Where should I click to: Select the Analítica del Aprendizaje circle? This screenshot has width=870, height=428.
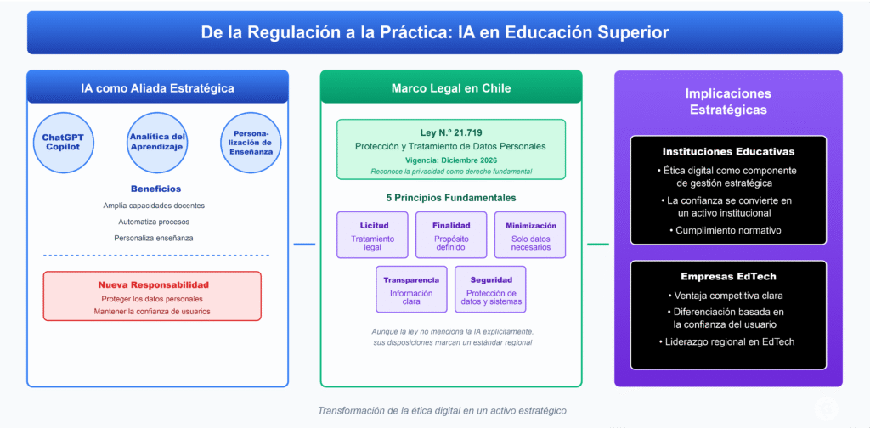click(156, 143)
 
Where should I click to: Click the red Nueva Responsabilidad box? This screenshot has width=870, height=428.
click(152, 296)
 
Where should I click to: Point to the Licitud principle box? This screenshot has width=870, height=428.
click(373, 235)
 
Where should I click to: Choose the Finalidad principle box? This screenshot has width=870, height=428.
click(451, 235)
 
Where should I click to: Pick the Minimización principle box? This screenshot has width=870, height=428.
click(530, 235)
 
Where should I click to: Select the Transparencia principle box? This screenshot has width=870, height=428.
click(411, 290)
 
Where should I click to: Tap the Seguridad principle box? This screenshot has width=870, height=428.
click(490, 290)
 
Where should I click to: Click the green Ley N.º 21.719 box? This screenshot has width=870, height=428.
click(451, 149)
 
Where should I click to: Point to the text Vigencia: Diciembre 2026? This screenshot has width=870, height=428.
click(451, 160)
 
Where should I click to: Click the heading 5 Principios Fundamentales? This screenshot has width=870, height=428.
click(451, 198)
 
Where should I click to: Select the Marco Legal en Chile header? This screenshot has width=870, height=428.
click(451, 87)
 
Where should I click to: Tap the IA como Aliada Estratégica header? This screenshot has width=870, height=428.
click(157, 87)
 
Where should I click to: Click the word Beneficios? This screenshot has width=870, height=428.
click(155, 189)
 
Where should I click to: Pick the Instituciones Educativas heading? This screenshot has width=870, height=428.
click(728, 151)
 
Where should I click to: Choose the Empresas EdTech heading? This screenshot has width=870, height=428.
click(728, 276)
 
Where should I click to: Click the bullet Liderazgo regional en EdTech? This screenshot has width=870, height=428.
click(728, 341)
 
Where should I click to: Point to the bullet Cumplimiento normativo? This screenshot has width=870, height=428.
click(728, 230)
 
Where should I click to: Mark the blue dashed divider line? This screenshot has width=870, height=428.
click(155, 255)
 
